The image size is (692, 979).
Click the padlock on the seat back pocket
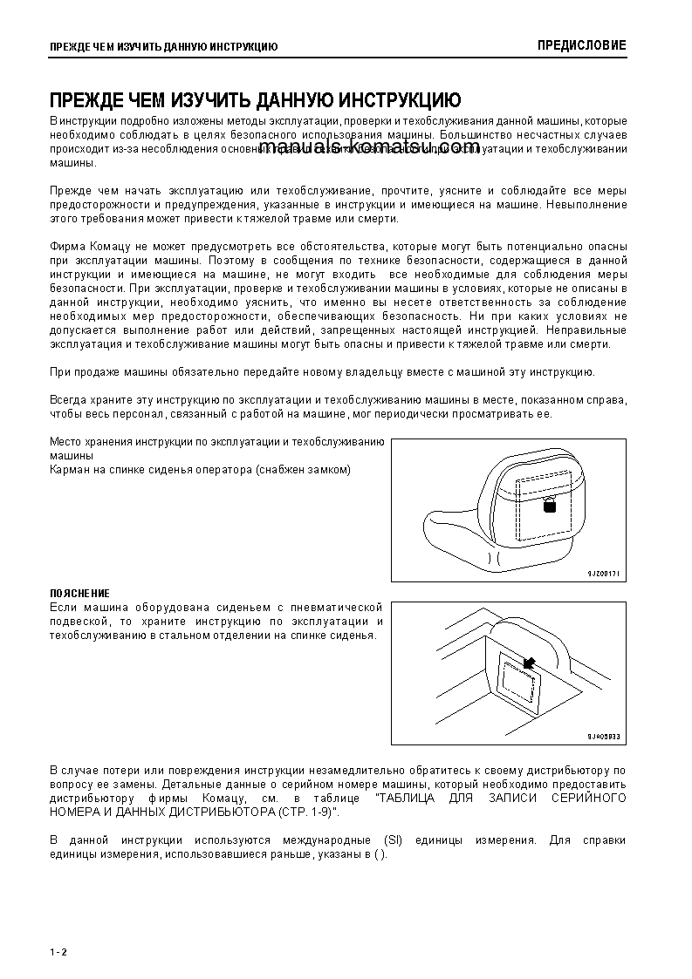click(x=550, y=506)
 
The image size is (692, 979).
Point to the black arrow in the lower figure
click(x=526, y=663)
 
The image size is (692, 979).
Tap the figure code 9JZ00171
click(x=601, y=574)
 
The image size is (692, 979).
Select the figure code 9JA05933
click(x=601, y=737)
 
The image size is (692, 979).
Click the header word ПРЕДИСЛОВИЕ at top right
click(x=581, y=45)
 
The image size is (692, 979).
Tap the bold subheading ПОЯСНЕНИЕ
click(x=79, y=594)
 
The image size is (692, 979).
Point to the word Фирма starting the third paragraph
click(x=66, y=247)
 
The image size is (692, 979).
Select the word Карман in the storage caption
click(x=70, y=470)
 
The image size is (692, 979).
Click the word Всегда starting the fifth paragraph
click(x=68, y=400)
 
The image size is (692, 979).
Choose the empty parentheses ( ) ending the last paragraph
click(x=378, y=854)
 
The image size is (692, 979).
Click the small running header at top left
click(x=163, y=46)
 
